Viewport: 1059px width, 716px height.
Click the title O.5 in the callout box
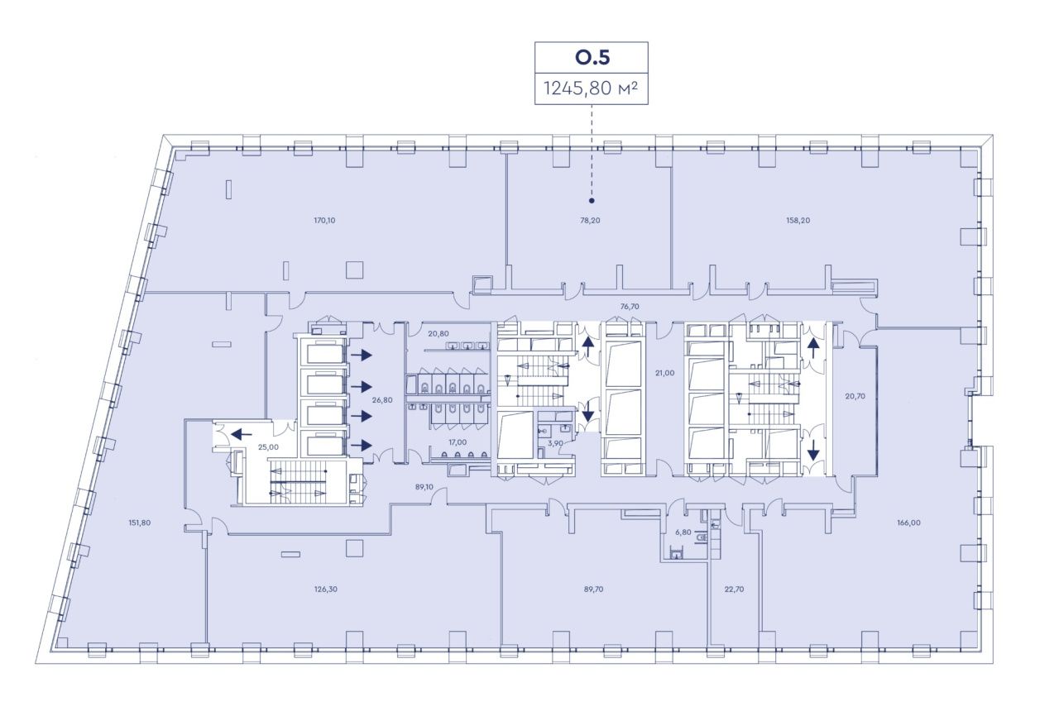pos(592,58)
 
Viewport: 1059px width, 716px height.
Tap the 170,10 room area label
pos(324,220)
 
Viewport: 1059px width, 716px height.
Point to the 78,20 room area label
pos(590,220)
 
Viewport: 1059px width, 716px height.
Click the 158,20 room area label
pos(798,220)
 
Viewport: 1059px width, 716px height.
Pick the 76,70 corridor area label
pos(630,307)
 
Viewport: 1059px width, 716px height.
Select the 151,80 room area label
pos(140,523)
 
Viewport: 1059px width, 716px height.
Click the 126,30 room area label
pos(326,590)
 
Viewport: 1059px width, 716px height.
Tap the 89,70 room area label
pos(593,590)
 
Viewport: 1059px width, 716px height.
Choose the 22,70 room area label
pos(734,590)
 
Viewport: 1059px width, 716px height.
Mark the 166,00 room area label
pos(908,523)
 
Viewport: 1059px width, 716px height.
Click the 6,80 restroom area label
pos(683,532)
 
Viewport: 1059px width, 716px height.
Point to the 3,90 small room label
pos(555,443)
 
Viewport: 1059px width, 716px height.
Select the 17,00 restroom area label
pos(458,442)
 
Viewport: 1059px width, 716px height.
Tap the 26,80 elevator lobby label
pos(382,400)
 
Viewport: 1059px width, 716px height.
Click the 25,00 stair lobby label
pos(268,447)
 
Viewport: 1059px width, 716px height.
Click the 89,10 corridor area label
pos(424,487)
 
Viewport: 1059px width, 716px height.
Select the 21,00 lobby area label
pos(664,373)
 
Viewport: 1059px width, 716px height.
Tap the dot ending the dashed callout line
pos(592,201)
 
